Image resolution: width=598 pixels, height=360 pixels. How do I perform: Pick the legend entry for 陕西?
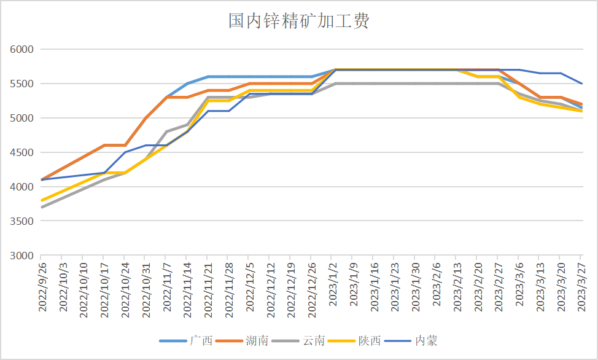pyautogui.click(x=370, y=340)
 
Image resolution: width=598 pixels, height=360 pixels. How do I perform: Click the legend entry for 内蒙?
pyautogui.click(x=426, y=340)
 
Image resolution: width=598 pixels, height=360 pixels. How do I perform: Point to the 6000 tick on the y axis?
pyautogui.click(x=22, y=49)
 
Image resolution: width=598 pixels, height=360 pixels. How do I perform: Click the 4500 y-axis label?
pyautogui.click(x=22, y=152)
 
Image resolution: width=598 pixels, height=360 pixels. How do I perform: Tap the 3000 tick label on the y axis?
pyautogui.click(x=22, y=256)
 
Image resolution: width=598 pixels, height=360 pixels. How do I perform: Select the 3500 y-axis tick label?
pyautogui.click(x=22, y=221)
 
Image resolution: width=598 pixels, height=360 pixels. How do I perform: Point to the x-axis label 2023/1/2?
pyautogui.click(x=333, y=288)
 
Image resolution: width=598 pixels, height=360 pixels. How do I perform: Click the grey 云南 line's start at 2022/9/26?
pyautogui.click(x=42, y=207)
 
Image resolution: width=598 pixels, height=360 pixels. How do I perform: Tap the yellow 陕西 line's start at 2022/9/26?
pyautogui.click(x=42, y=200)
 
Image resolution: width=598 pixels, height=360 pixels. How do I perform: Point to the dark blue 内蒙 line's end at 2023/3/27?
pyautogui.click(x=582, y=84)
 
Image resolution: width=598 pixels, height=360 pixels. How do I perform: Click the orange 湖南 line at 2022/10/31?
pyautogui.click(x=146, y=118)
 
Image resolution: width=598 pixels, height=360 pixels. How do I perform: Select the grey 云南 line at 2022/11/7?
pyautogui.click(x=166, y=131)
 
